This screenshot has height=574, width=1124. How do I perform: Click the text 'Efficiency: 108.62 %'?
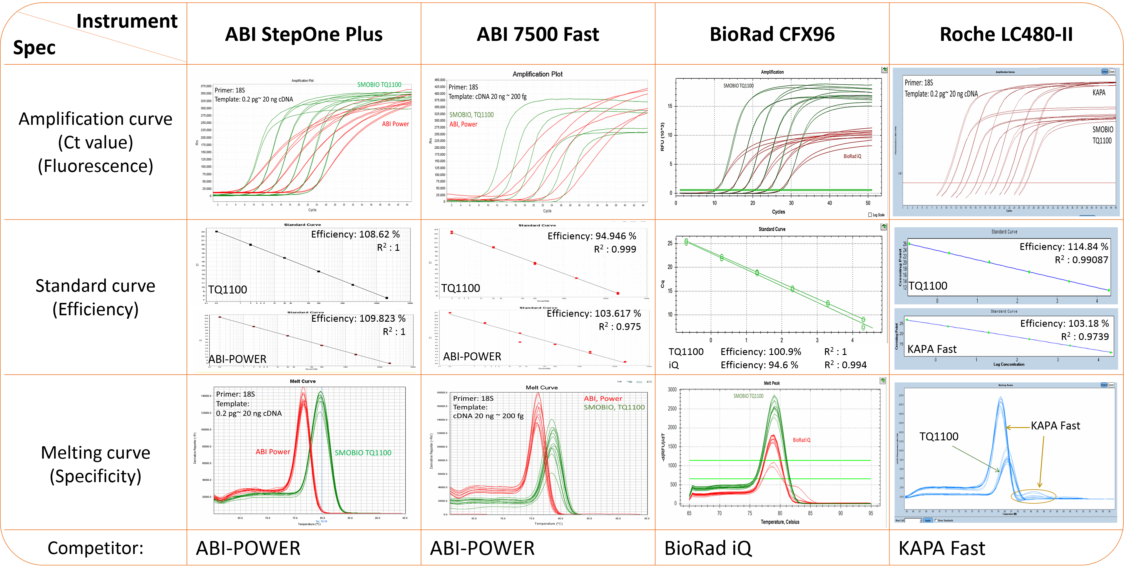(355, 235)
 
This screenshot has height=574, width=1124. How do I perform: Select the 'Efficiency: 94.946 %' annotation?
(592, 236)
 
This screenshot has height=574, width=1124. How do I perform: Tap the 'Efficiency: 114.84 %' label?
(1064, 247)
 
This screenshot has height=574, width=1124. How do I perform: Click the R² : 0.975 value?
(620, 327)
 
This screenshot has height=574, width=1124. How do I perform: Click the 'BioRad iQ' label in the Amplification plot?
(852, 156)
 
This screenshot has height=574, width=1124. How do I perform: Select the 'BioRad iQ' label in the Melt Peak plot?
(802, 440)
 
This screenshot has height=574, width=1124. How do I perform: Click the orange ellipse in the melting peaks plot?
(1033, 496)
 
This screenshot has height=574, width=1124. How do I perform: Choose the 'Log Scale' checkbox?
(870, 215)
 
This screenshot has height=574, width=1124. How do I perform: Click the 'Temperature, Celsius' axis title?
(780, 522)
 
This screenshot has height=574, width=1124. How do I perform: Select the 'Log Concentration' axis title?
(1009, 364)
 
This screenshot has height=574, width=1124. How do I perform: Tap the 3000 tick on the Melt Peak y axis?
(673, 390)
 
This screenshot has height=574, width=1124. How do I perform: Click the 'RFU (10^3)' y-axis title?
(662, 136)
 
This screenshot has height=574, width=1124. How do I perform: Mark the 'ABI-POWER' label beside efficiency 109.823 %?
(237, 359)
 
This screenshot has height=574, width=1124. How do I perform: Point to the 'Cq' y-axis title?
(662, 284)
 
